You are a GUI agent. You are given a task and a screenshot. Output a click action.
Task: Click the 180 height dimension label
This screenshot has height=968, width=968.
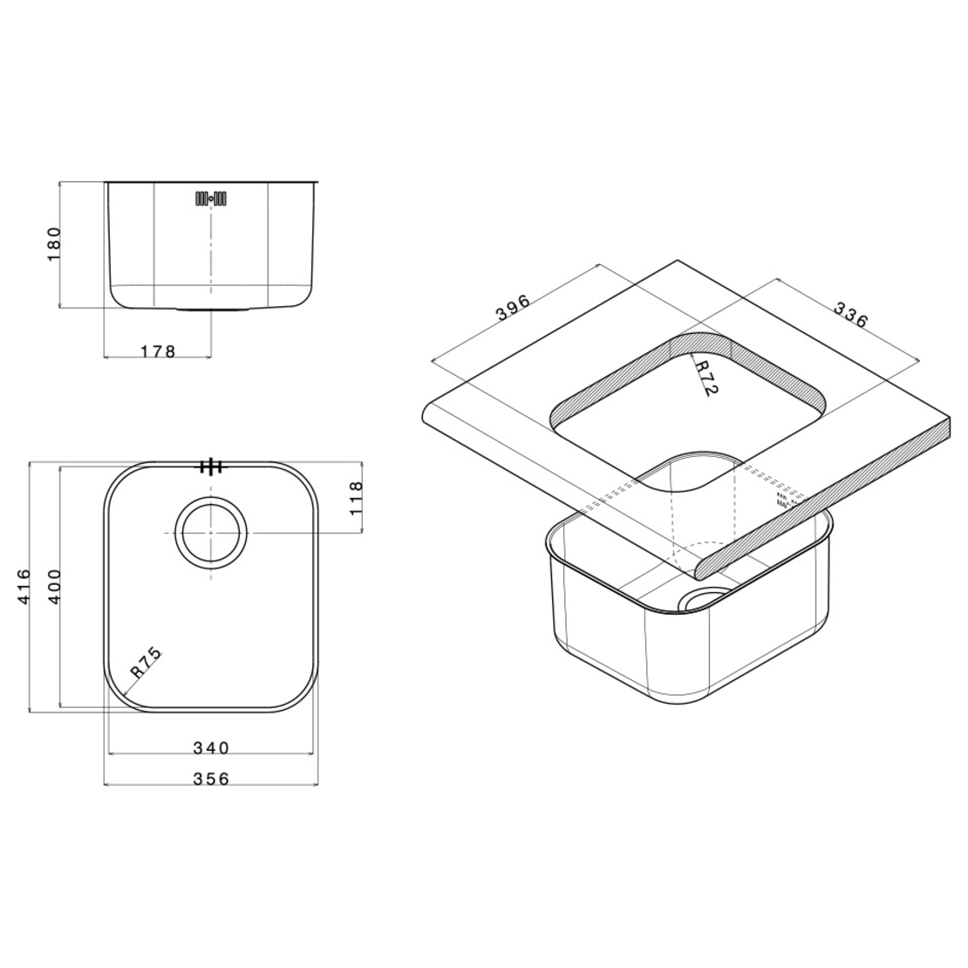pyautogui.click(x=54, y=244)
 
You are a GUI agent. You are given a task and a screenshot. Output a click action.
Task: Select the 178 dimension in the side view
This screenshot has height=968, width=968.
pyautogui.click(x=158, y=351)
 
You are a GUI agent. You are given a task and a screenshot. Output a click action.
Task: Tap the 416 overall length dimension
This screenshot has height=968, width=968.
pyautogui.click(x=22, y=586)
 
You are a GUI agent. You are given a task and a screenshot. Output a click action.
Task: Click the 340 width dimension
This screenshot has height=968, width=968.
pyautogui.click(x=210, y=748)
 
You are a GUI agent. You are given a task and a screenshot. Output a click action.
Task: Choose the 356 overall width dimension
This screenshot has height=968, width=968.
pyautogui.click(x=210, y=779)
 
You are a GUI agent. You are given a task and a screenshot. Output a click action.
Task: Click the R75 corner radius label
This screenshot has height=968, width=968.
pyautogui.click(x=146, y=663)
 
